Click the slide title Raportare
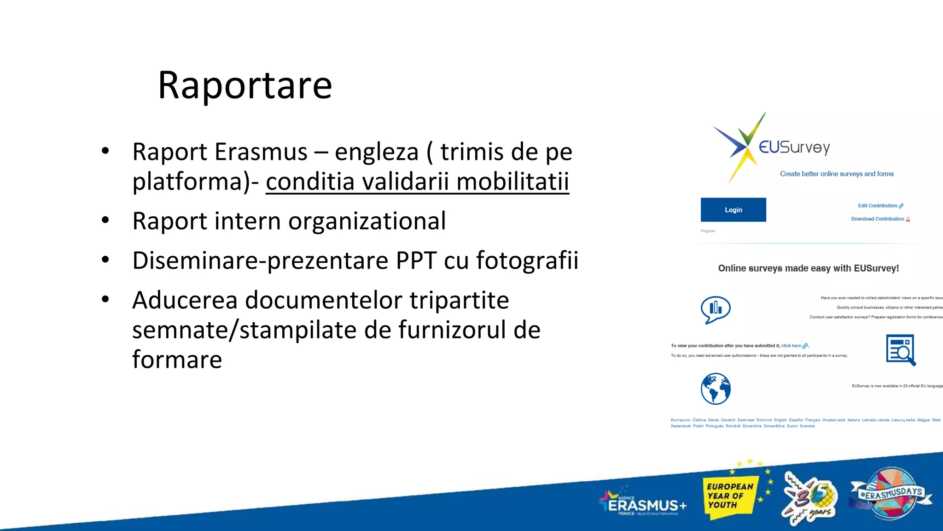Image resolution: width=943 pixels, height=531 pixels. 244,86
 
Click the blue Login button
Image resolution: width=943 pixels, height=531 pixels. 733,210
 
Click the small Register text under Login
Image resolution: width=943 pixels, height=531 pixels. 708,231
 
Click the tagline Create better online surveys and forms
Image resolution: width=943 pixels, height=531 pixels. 837,174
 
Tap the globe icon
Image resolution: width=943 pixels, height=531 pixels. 716,389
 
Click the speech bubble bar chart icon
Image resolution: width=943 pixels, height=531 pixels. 716,309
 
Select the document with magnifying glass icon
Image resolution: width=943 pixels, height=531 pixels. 901,350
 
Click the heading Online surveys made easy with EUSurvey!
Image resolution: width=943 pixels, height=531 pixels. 808,268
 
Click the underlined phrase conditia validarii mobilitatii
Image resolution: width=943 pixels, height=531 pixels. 417,181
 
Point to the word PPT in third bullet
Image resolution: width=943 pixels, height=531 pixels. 416,260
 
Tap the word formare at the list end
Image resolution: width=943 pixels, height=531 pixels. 177,360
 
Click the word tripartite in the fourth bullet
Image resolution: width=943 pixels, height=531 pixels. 459,300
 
